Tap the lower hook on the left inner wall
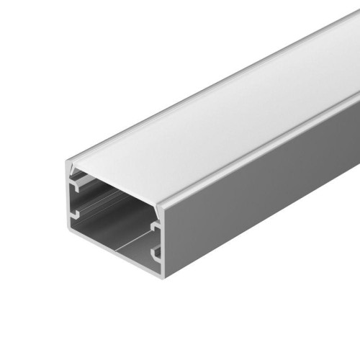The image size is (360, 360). [x=76, y=215]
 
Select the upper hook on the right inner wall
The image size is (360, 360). [x=155, y=227]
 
